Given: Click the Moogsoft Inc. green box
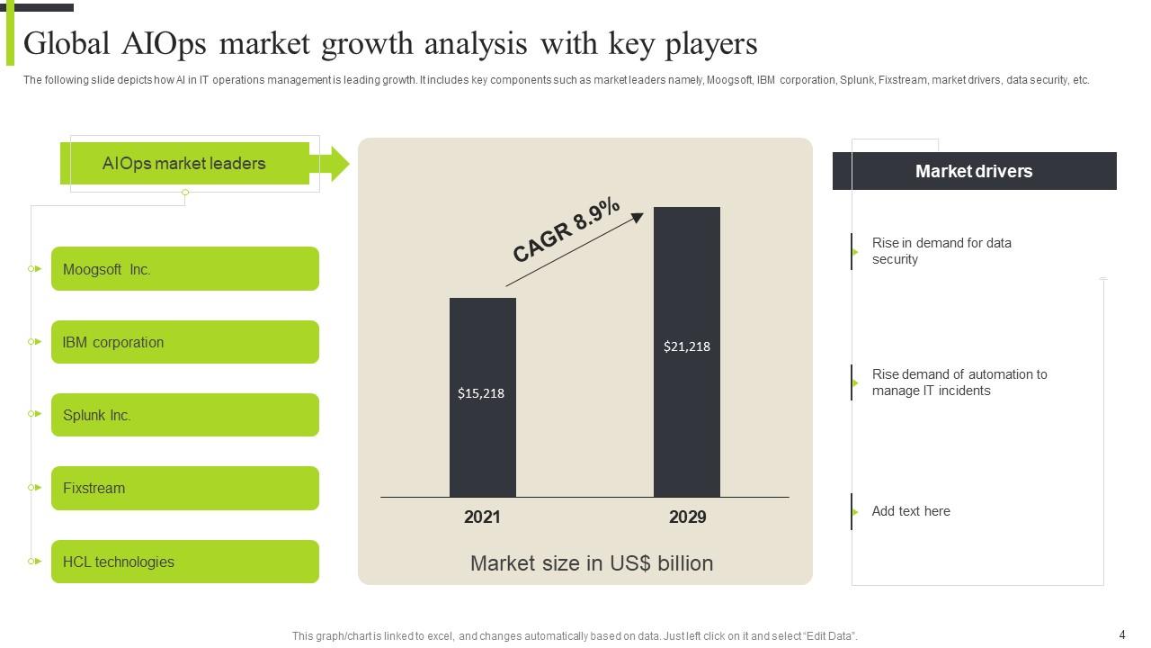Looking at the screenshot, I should pyautogui.click(x=184, y=268).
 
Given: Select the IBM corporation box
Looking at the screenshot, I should pyautogui.click(x=184, y=342).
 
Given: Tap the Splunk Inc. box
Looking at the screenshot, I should pyautogui.click(x=184, y=415).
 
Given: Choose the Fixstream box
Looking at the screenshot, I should pyautogui.click(x=184, y=488).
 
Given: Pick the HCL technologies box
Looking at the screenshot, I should pyautogui.click(x=184, y=562).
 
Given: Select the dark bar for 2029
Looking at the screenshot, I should pyautogui.click(x=686, y=270).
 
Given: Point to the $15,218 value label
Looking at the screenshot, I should pyautogui.click(x=481, y=392).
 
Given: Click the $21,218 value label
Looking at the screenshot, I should pyautogui.click(x=686, y=346).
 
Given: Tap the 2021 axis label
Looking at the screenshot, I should pyautogui.click(x=482, y=517).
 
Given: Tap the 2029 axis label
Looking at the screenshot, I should pyautogui.click(x=687, y=517).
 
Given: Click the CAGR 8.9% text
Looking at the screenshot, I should pyautogui.click(x=567, y=230).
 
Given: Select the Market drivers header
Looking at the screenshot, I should pyautogui.click(x=974, y=171).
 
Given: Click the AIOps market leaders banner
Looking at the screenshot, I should pyautogui.click(x=184, y=164).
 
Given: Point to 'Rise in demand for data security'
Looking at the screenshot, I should pyautogui.click(x=941, y=251).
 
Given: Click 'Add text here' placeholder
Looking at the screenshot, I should pyautogui.click(x=910, y=511).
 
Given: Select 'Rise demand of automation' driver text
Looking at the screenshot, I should pyautogui.click(x=959, y=382).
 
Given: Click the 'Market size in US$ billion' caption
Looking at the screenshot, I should pyautogui.click(x=592, y=563).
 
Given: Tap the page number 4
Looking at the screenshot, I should pyautogui.click(x=1121, y=634).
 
